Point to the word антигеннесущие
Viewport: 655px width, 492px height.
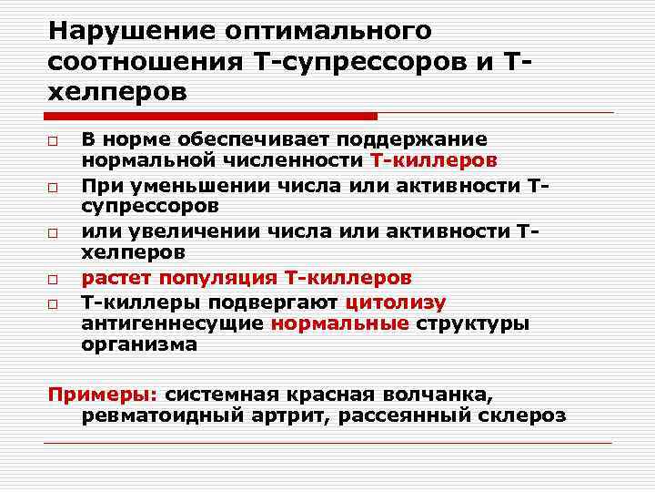[x=172, y=323]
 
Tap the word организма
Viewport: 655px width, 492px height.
[x=138, y=345]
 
